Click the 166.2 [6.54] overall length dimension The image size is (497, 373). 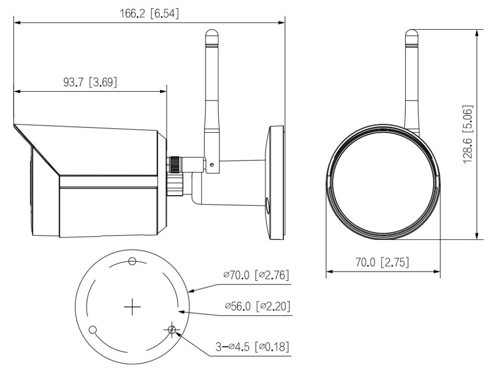coord(149,14)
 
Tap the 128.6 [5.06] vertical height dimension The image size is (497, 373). coord(468,134)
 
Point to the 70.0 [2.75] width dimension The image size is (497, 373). coord(382,263)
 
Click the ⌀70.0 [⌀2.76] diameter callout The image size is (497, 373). coord(256,275)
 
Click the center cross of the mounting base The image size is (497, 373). coord(132,307)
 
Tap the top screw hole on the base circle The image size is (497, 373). coord(132,262)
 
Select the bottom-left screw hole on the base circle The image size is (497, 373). coord(93,330)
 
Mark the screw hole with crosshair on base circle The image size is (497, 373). coord(171,330)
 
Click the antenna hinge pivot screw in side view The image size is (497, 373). coord(212,165)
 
